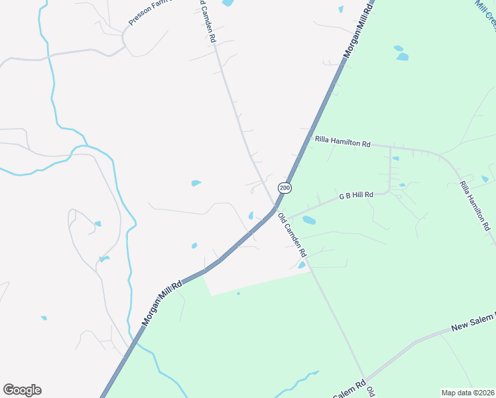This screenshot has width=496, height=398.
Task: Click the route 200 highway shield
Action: (x=284, y=188)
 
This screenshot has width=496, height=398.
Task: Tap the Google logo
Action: (x=22, y=390)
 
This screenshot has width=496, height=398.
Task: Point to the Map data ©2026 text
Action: (x=468, y=393)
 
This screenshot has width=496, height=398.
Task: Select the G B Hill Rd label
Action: (x=357, y=196)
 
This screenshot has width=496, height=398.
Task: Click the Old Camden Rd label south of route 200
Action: (x=292, y=235)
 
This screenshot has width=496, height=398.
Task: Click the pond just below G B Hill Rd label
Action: (x=309, y=220)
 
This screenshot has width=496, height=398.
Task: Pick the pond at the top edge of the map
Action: (x=227, y=3)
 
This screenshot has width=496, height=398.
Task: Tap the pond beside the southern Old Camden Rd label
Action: (x=302, y=265)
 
